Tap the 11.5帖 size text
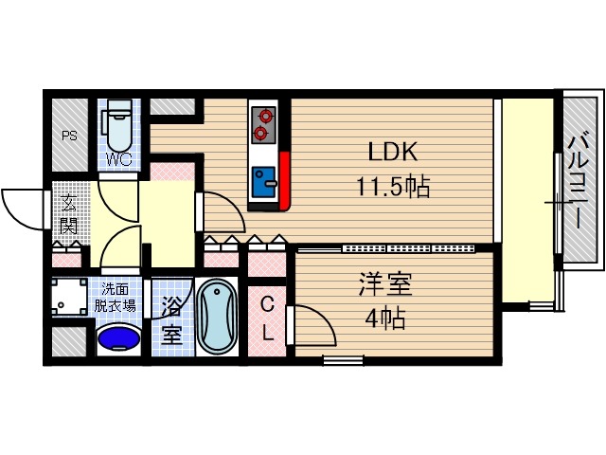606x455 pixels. [393, 187]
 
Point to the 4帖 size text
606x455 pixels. [385, 318]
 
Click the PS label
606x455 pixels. [69, 136]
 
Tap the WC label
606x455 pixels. [119, 158]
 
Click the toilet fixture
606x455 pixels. [119, 123]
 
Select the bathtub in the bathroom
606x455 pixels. [221, 317]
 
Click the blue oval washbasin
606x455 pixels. [119, 337]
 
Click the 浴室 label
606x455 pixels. [171, 319]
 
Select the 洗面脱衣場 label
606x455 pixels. [119, 298]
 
